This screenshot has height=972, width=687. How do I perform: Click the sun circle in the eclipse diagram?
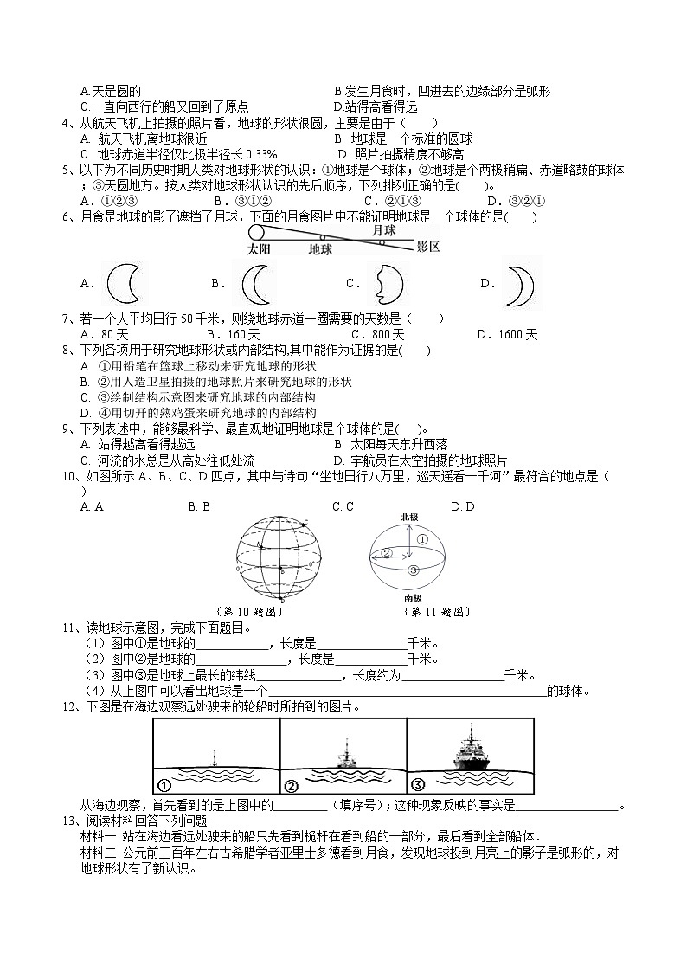pyautogui.click(x=255, y=232)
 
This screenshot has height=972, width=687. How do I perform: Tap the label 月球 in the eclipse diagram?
pyautogui.click(x=383, y=231)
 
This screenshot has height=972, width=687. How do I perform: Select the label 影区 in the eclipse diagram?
pyautogui.click(x=428, y=248)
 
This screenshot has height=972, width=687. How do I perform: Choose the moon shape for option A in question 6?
pyautogui.click(x=122, y=283)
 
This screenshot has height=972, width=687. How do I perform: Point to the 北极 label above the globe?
pyautogui.click(x=409, y=517)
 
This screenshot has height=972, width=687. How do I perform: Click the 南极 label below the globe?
pyautogui.click(x=413, y=597)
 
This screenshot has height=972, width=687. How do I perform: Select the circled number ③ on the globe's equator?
pyautogui.click(x=414, y=570)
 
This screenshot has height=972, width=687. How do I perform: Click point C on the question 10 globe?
pyautogui.click(x=305, y=523)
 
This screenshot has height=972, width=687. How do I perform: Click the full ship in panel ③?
pyautogui.click(x=472, y=749)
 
